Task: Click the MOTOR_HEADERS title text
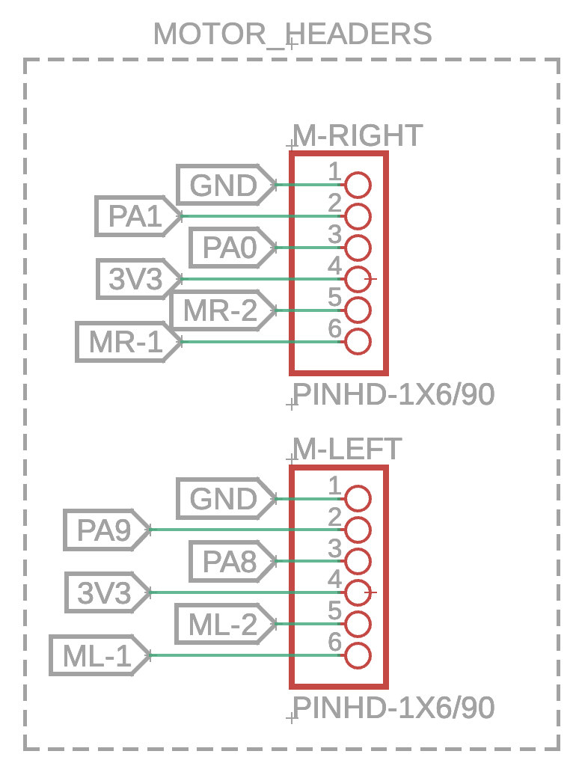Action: [292, 34]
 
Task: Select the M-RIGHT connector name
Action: [357, 136]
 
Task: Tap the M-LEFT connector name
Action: [346, 449]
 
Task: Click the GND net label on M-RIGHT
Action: [224, 185]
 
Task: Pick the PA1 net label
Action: [135, 216]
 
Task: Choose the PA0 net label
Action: [229, 248]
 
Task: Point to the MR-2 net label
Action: [219, 310]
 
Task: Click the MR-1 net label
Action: [125, 342]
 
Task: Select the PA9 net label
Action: [104, 530]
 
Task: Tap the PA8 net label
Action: [229, 561]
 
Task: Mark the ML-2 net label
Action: [221, 624]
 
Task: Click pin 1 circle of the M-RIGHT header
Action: [358, 185]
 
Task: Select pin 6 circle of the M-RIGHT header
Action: [358, 342]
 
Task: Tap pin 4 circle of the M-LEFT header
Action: [358, 592]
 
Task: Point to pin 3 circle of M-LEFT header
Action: [358, 561]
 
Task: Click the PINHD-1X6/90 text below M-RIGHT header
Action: [393, 395]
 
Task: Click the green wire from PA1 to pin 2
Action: [254, 216]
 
